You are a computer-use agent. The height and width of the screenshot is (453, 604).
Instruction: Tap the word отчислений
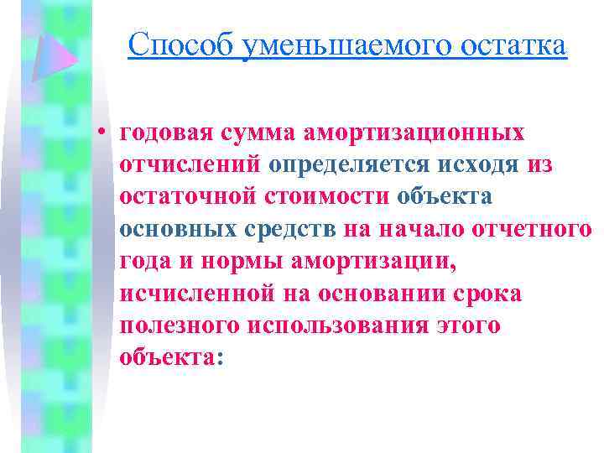[191, 165]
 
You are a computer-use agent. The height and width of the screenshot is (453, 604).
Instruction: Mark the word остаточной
[194, 197]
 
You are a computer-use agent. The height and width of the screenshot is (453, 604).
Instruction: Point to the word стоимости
[336, 197]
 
